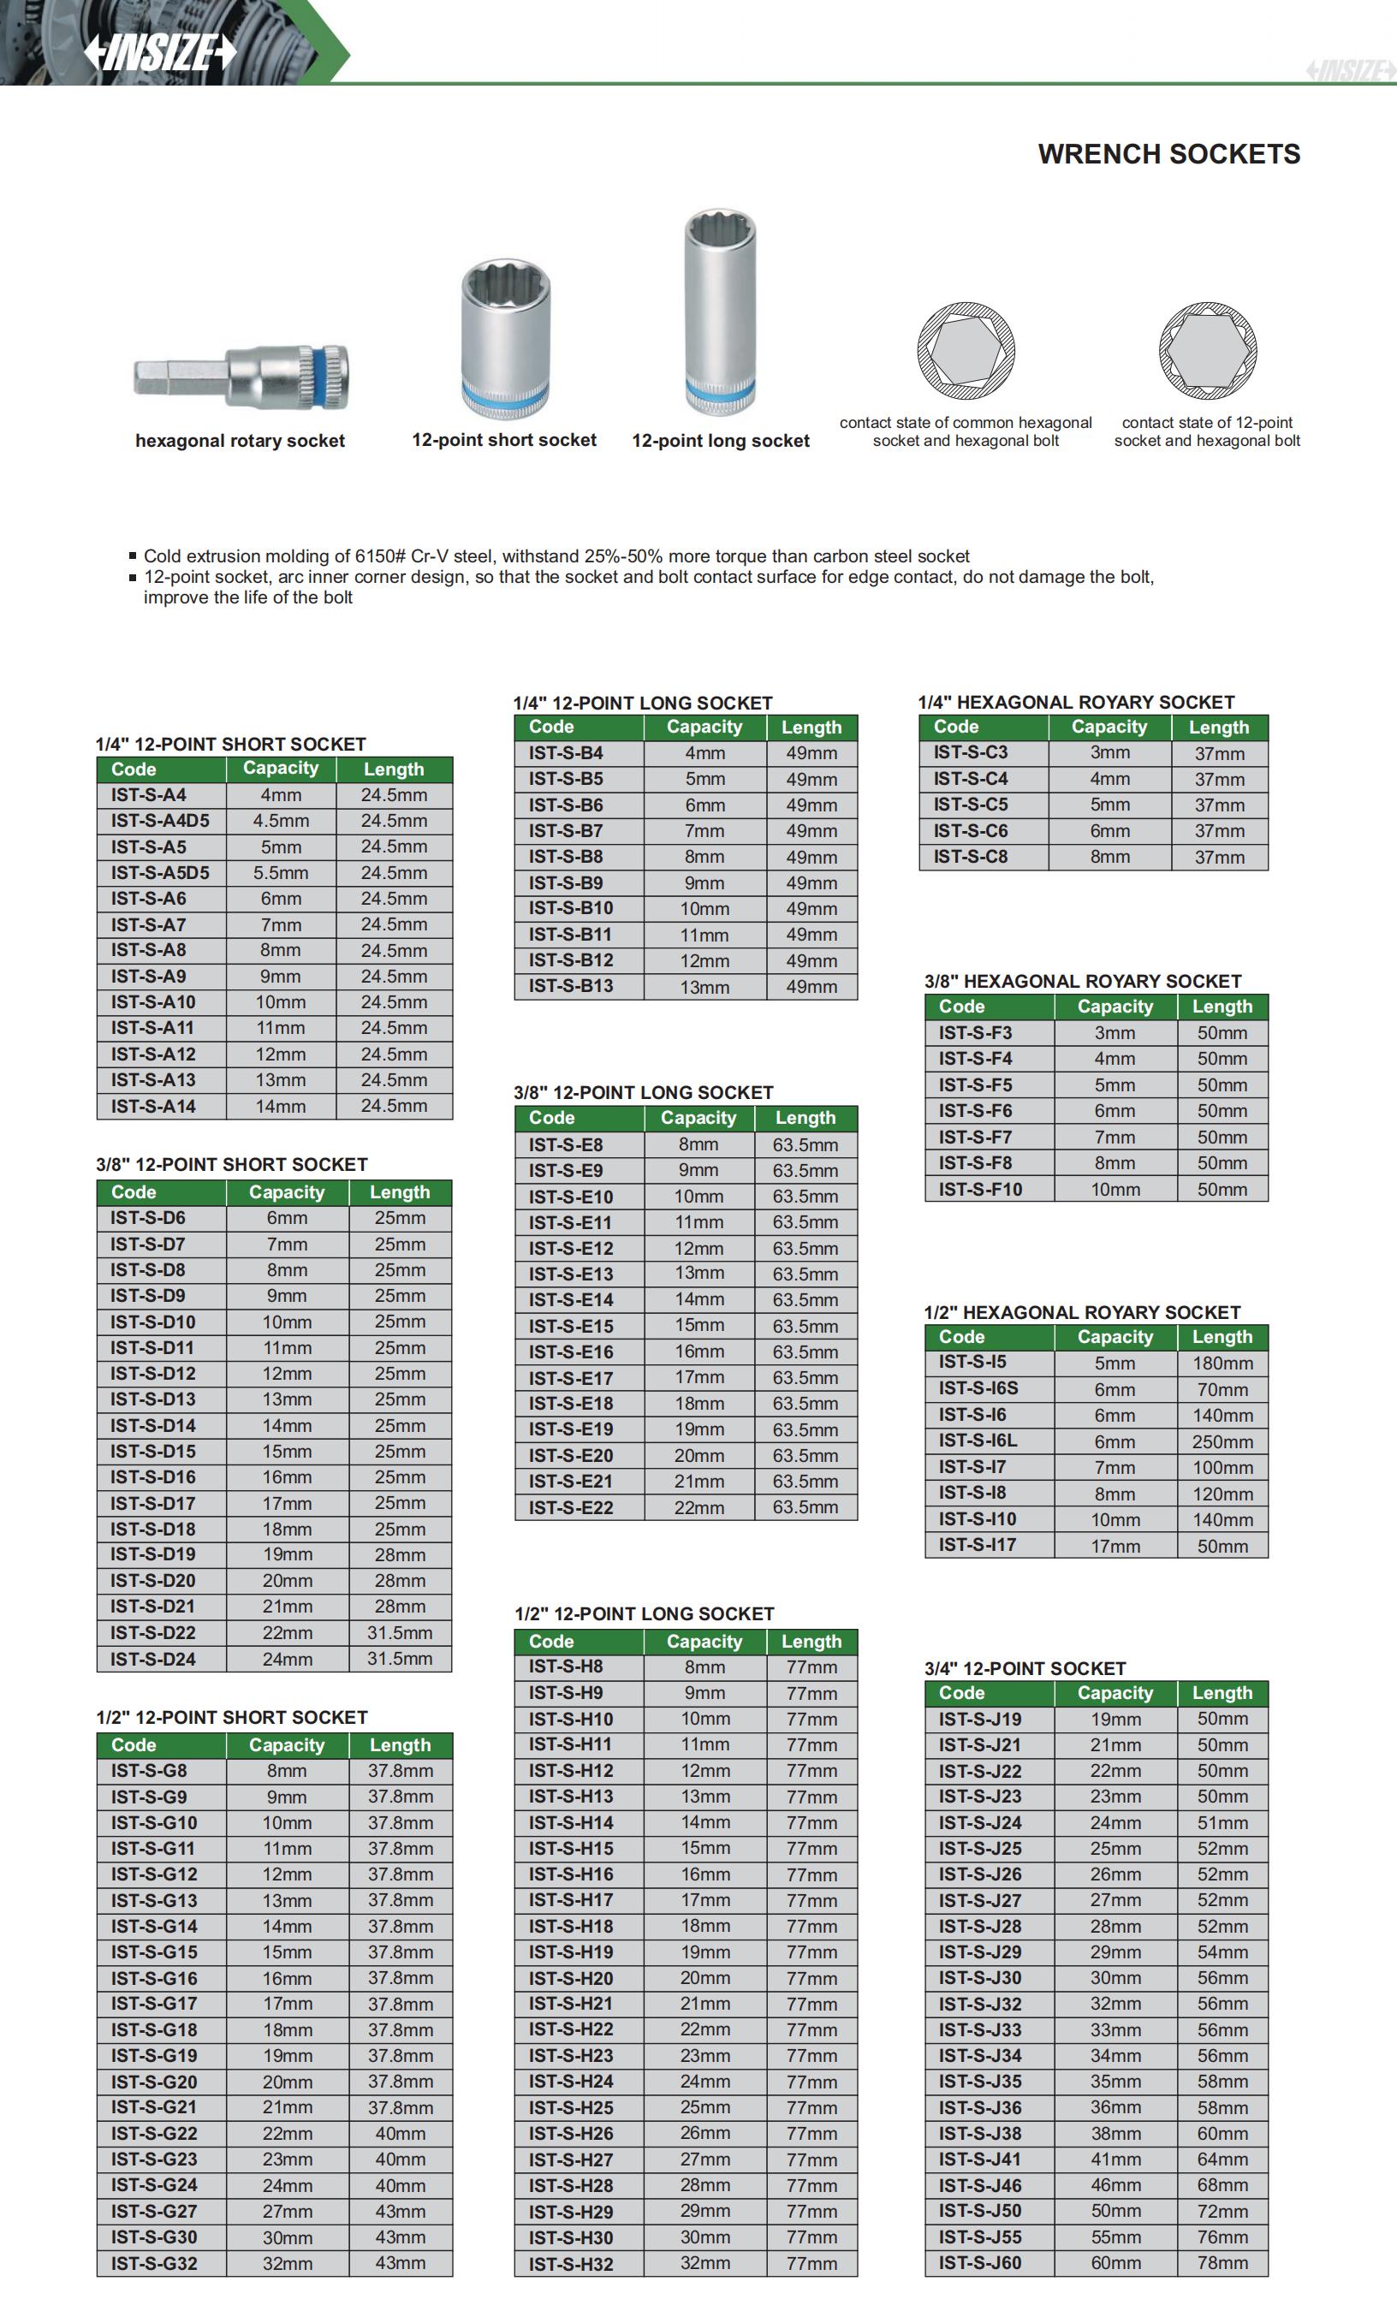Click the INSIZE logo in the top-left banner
[x=159, y=52]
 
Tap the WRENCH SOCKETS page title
[x=1168, y=154]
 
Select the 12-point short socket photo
[x=505, y=339]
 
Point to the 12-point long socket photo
[x=720, y=312]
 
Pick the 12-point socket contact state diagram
[x=1207, y=351]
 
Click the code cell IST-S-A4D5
[x=160, y=821]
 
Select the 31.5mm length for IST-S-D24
[x=400, y=1658]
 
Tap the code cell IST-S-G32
[x=154, y=2262]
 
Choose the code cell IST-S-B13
[x=570, y=986]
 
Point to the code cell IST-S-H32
[x=570, y=2263]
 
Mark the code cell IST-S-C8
[x=970, y=856]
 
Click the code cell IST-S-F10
[x=980, y=1188]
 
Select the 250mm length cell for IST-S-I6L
[x=1222, y=1441]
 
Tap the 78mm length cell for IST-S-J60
[x=1222, y=2262]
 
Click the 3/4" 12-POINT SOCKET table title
[x=1025, y=1668]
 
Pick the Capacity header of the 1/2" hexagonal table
[x=1115, y=1336]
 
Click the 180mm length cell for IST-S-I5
[x=1222, y=1363]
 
